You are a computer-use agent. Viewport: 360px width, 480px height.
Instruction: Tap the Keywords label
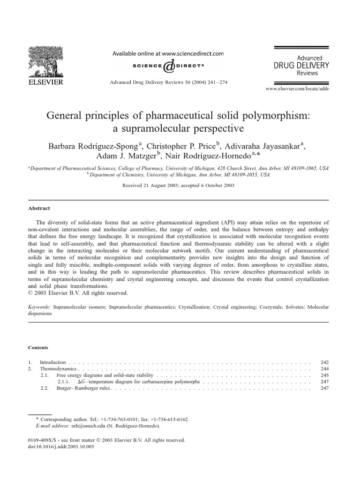tap(39, 307)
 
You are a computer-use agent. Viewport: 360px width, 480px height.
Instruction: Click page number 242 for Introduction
tap(324, 362)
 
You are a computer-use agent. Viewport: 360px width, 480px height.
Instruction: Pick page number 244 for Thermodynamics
tap(324, 369)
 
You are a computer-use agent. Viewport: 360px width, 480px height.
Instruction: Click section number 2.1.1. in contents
tap(65, 382)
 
